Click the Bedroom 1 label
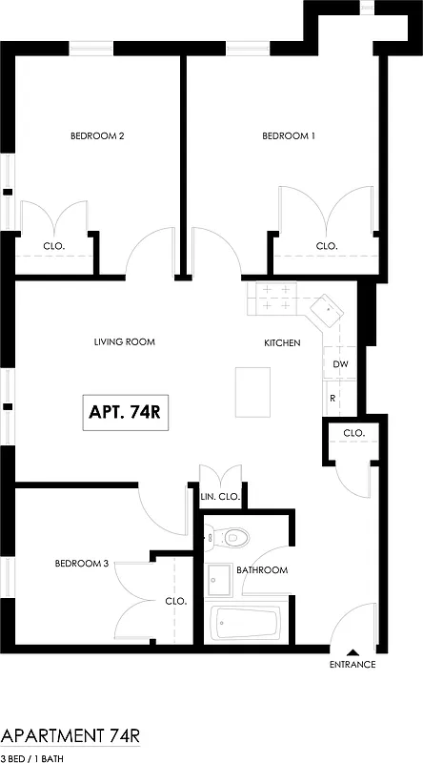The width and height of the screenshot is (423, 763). point(289,136)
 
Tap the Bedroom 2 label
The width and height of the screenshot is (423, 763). point(97,136)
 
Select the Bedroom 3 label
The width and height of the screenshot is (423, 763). point(80,564)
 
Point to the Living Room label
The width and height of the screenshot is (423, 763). point(124,341)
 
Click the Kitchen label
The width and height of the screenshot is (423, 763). point(282,343)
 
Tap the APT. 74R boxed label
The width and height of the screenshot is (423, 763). point(125,413)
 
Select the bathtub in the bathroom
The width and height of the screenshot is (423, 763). point(247,625)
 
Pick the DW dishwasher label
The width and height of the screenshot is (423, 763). point(340,365)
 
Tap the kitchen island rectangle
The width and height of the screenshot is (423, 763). point(253,392)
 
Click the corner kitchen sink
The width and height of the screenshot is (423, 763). point(327,309)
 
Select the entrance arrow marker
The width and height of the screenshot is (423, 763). point(352,649)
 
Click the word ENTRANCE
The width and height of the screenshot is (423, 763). point(352,665)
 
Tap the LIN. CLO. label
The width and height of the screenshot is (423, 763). point(219,497)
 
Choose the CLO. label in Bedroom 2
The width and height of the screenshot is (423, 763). point(53,245)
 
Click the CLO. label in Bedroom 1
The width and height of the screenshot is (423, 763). point(327,245)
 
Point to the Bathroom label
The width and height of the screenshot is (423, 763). point(262,570)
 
